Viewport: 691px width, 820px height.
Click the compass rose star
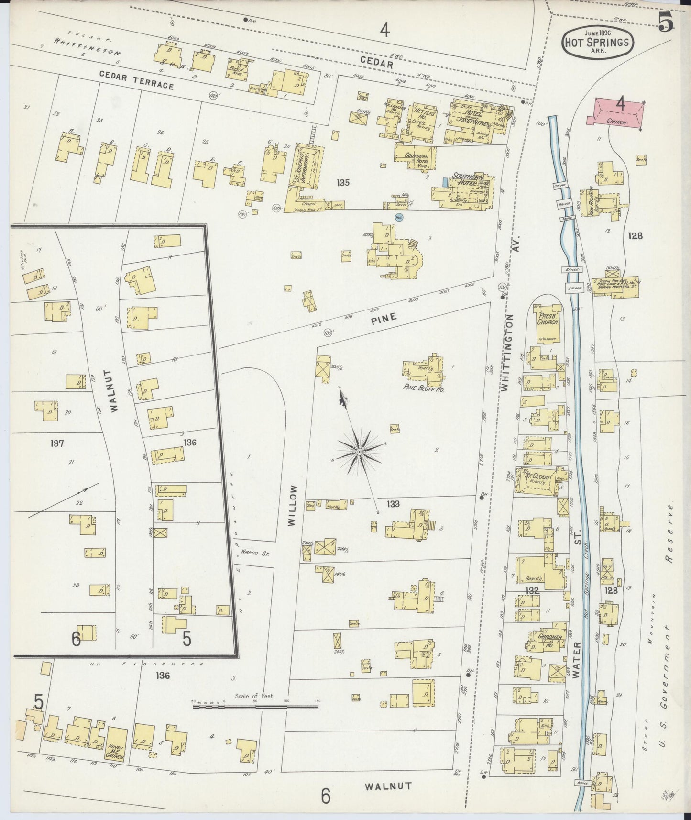coord(359,452)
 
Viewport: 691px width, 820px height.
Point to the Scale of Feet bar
coord(255,706)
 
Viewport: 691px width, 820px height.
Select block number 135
coord(343,182)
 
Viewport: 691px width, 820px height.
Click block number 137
coord(57,443)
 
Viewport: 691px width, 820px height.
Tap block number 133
coord(393,503)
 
